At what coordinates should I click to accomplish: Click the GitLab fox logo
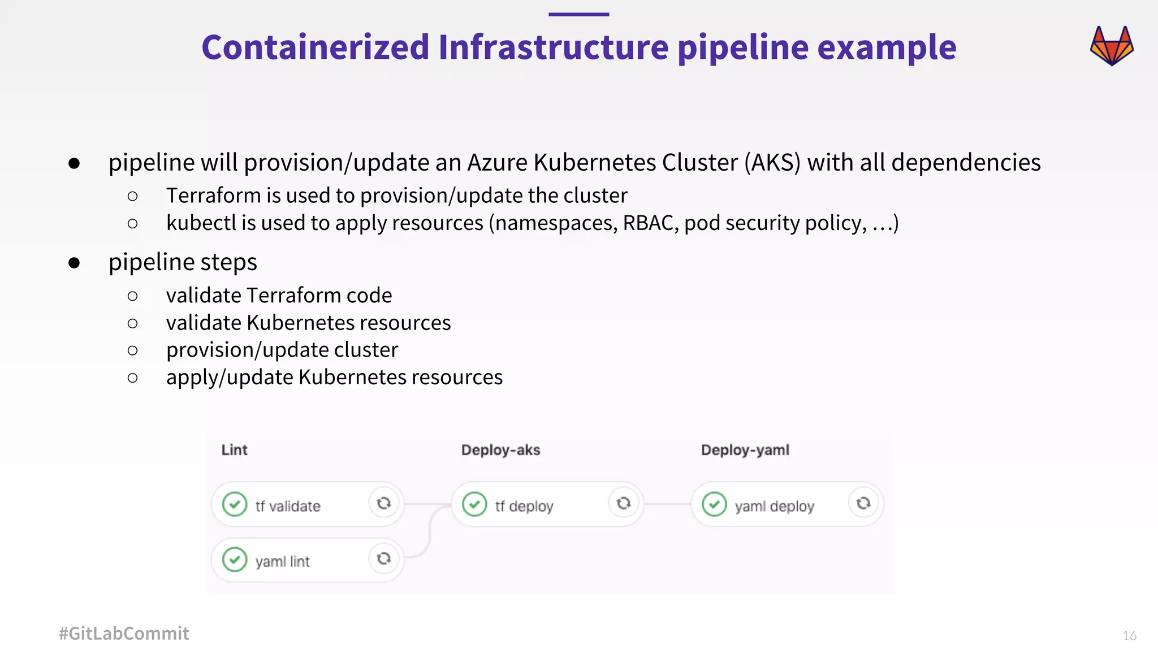pos(1112,46)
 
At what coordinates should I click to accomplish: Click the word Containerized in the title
pos(316,47)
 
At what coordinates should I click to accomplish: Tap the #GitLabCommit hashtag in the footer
pos(124,633)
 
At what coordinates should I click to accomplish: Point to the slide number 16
pos(1129,636)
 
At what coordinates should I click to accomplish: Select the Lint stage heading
pos(234,450)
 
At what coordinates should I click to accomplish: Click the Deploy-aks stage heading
pos(500,450)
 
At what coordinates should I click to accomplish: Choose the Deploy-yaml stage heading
pos(745,450)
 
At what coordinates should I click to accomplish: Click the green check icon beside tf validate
pos(235,504)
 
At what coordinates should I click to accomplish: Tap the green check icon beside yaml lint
pos(235,559)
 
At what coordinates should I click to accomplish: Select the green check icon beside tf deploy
pos(474,504)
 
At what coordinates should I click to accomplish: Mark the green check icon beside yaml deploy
pos(714,504)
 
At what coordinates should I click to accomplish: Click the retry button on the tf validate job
pos(384,503)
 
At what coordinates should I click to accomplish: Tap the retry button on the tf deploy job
pos(624,503)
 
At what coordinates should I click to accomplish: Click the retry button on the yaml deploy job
pos(863,503)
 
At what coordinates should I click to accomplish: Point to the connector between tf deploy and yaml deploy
pos(667,504)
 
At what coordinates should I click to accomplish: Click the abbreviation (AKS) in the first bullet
pos(772,163)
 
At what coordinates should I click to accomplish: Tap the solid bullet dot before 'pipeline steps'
pos(74,263)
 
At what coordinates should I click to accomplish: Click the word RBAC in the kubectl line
pos(650,223)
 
